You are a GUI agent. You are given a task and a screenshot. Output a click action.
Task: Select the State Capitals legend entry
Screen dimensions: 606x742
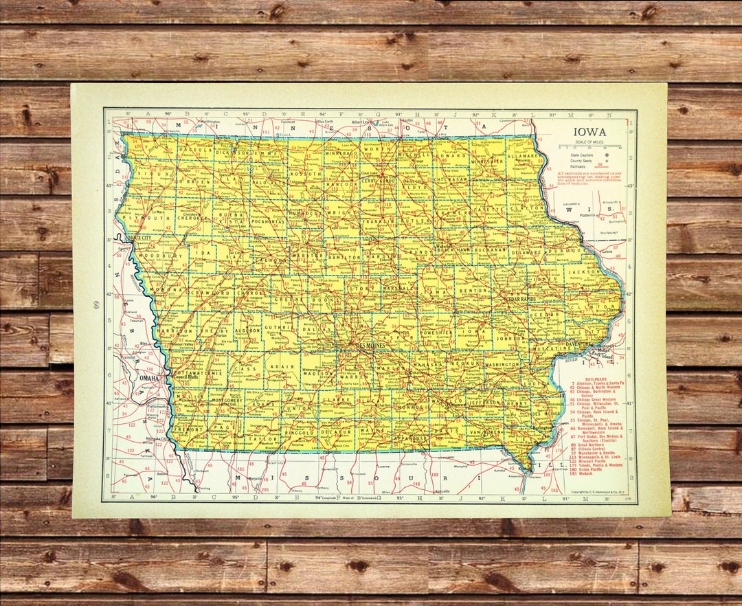click(x=578, y=155)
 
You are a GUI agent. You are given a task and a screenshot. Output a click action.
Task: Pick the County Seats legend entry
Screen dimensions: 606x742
click(x=576, y=160)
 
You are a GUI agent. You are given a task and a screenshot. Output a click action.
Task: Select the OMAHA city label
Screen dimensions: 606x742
click(x=149, y=378)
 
